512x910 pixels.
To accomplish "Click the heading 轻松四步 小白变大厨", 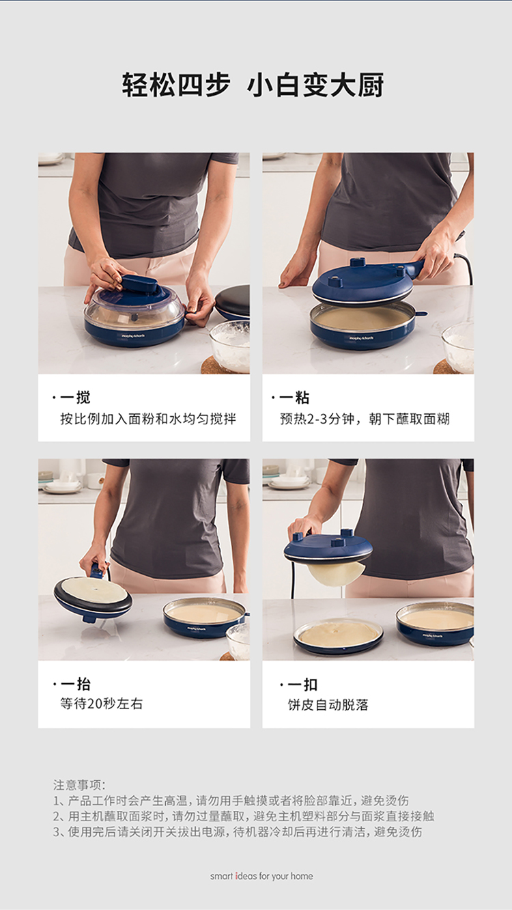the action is pos(253,85).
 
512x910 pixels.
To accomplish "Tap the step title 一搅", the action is pos(75,398).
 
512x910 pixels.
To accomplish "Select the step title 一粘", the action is pos(294,398).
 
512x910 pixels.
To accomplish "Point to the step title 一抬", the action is pos(76,684).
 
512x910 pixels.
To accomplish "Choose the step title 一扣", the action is pos(302,685).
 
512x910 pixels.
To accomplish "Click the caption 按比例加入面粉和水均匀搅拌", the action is pos(148,419).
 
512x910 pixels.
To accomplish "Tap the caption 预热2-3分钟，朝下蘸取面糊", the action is pos(365,419).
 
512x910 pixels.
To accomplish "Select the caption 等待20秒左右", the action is pos(102,704).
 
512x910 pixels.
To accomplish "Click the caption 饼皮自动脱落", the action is pos(328,704).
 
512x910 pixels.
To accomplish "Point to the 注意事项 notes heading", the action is pos(79,784).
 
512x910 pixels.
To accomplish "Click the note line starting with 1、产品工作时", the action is pos(231,800).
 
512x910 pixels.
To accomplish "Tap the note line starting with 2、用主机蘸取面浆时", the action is pos(244,816).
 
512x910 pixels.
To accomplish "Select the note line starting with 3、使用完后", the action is pos(238,831).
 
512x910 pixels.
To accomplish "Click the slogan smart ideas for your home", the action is pos(261,876).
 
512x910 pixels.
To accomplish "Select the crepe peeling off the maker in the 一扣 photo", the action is pos(335,572).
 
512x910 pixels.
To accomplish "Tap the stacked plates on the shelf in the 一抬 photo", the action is pos(62,486).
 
